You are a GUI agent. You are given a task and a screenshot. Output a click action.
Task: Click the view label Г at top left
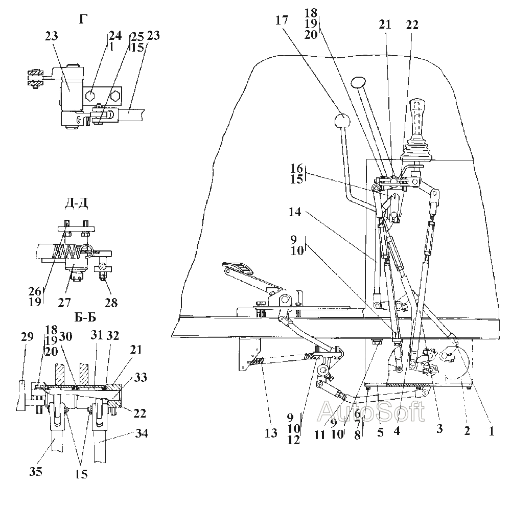coord(83,19)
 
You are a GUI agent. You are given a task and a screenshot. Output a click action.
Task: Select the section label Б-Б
coord(85,317)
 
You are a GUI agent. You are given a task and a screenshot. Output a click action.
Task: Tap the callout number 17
coord(282,20)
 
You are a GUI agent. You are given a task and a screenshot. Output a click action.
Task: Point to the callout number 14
coord(295,212)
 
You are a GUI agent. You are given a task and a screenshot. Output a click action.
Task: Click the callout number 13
coord(271,433)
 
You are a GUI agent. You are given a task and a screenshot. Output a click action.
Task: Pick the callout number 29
coord(27,336)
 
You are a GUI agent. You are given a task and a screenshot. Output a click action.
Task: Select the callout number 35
coord(36,471)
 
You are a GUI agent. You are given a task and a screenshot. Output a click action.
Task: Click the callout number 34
coord(142,433)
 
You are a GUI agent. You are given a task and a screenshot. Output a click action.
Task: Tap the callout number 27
coord(64,303)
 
